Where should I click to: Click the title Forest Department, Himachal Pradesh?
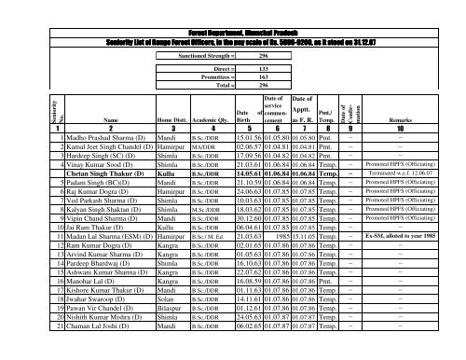pos(232,7)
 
